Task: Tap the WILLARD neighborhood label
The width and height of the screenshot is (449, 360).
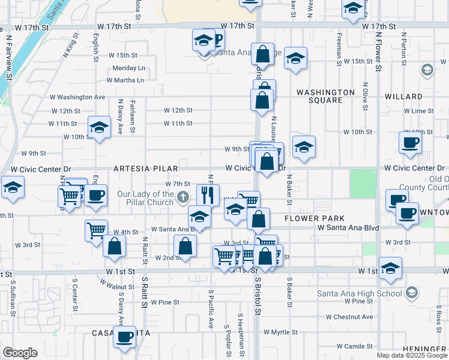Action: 403,96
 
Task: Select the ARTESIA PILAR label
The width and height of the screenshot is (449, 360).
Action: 143,169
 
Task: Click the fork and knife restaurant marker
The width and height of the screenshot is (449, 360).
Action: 208,194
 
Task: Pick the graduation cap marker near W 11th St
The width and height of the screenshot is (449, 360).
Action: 99,127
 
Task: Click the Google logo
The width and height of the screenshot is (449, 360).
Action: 19,353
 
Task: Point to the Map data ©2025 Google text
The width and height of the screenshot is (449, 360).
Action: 412,355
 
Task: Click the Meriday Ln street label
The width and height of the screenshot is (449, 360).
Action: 129,68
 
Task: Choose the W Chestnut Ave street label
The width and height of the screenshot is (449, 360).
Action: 349,317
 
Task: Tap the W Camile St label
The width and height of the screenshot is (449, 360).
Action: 355,346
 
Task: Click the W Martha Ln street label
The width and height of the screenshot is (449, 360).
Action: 125,80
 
